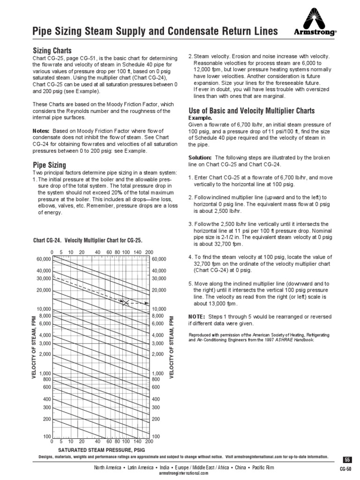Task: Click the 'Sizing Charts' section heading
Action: point(52,50)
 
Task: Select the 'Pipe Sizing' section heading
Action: point(49,165)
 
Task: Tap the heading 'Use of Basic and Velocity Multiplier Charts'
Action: point(251,111)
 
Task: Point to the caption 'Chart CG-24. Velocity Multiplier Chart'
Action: point(87,240)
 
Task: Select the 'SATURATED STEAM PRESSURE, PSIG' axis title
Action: point(101,450)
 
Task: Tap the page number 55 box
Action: point(347,459)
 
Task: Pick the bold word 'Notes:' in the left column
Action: point(41,130)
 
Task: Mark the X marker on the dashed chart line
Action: point(126,303)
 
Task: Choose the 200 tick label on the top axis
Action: point(149,252)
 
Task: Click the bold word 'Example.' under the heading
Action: point(201,118)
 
